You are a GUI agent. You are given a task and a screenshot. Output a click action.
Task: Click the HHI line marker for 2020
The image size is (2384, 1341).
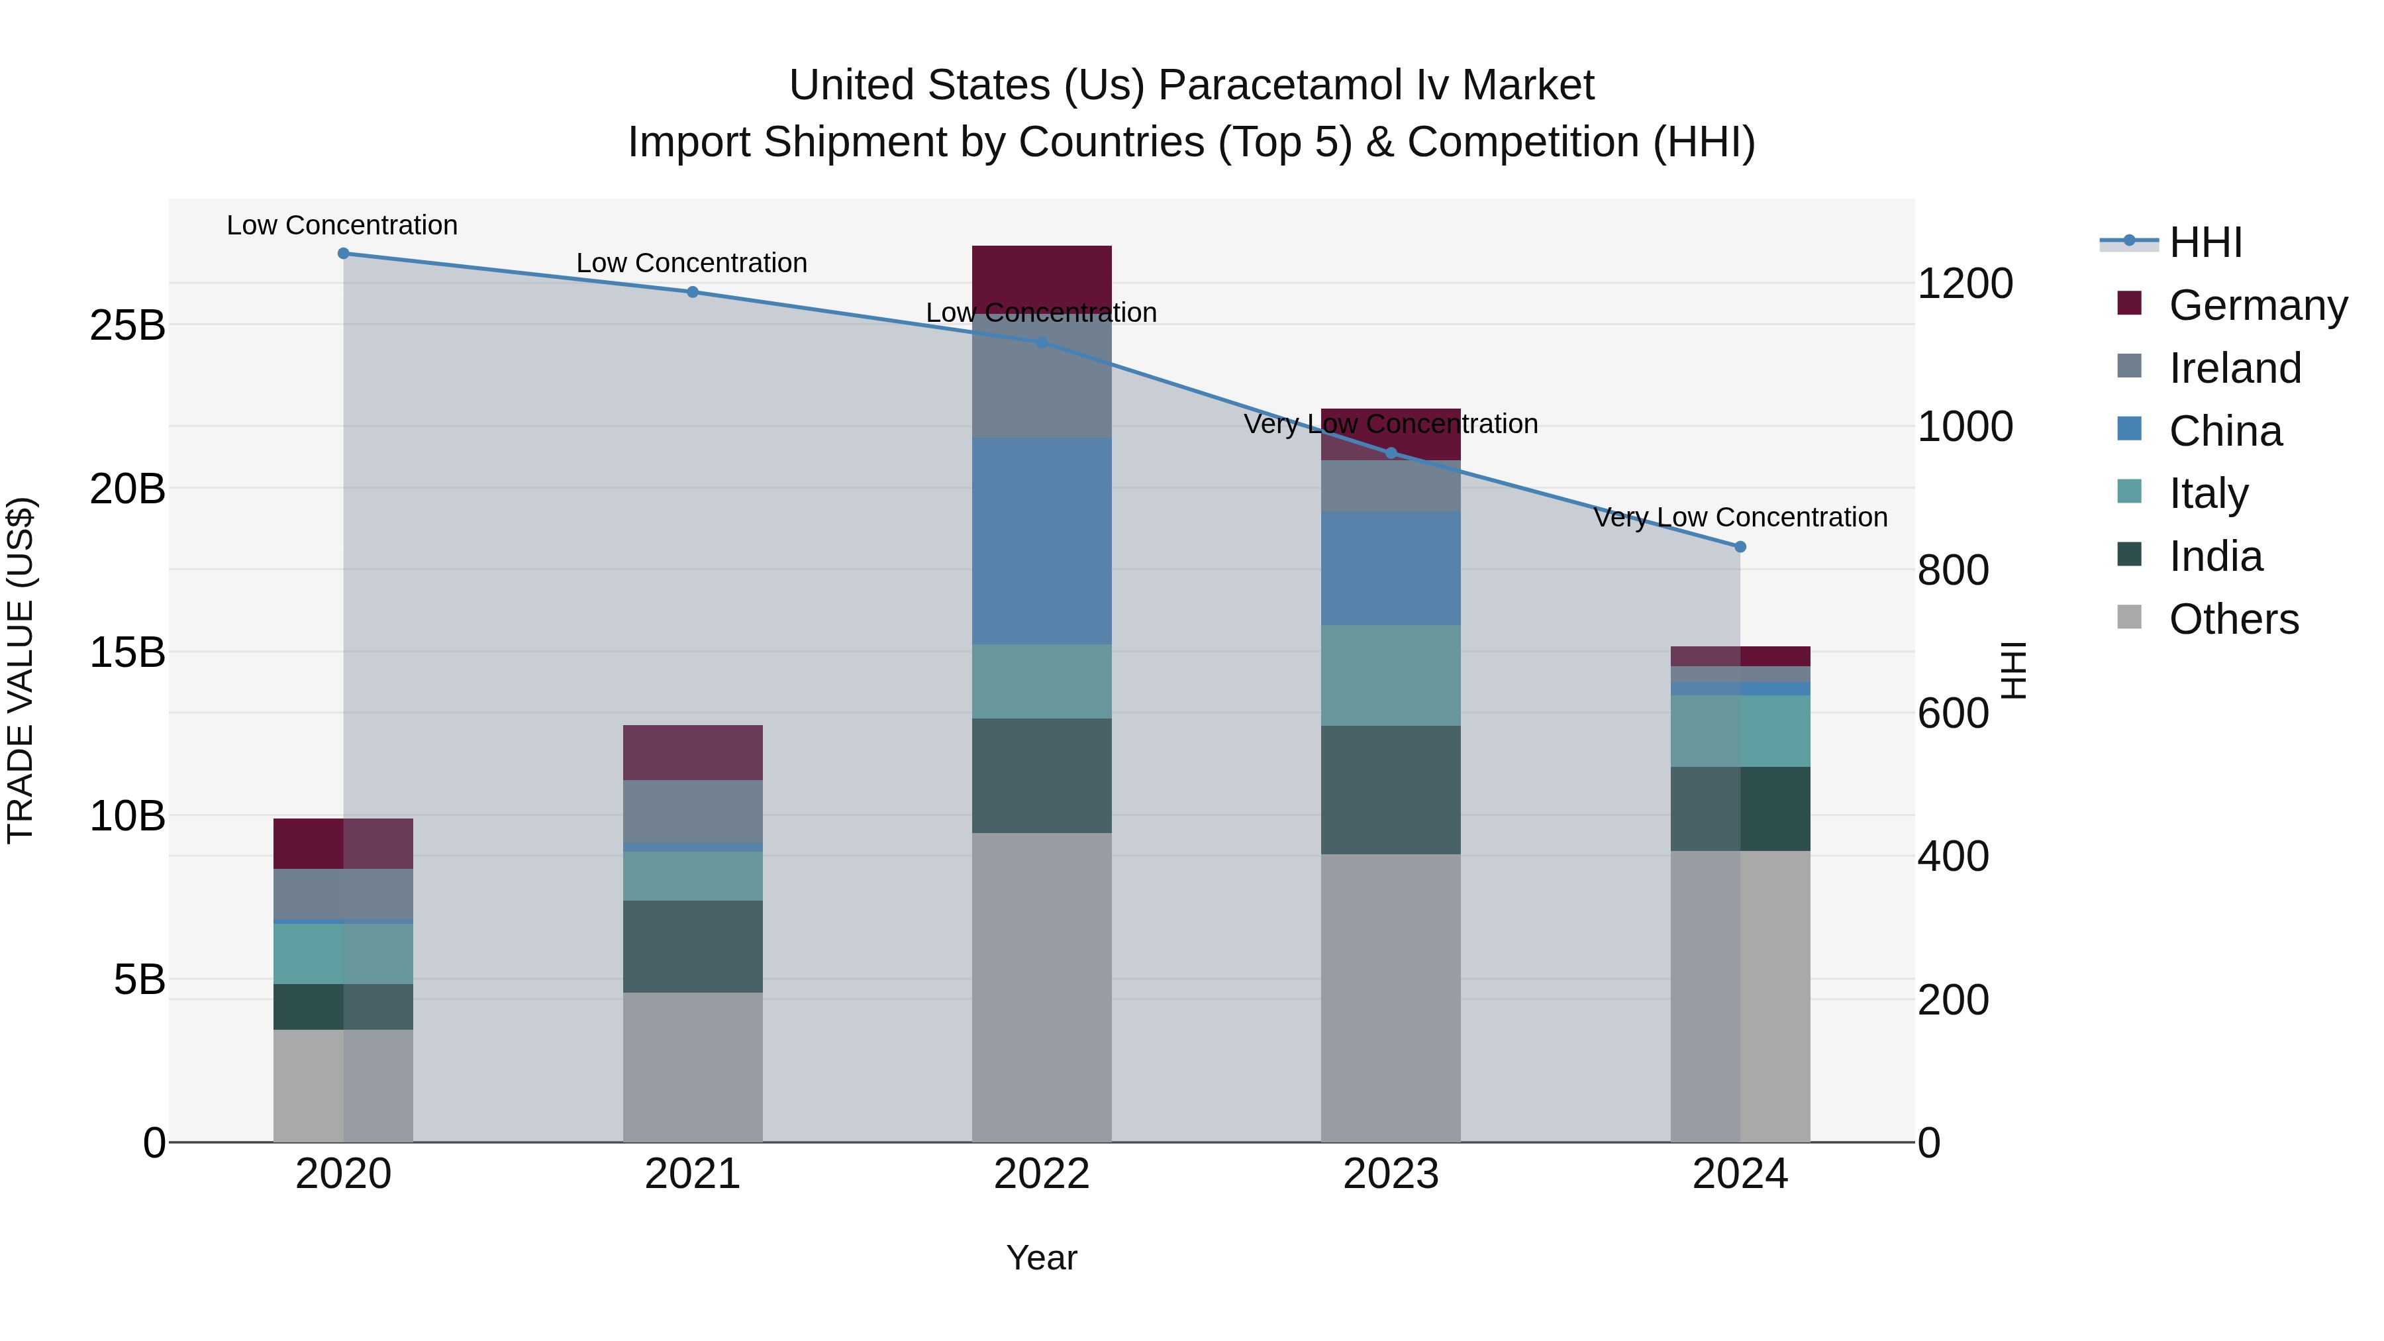(343, 254)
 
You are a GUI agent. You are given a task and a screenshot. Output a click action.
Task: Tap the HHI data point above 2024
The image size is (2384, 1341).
(1740, 547)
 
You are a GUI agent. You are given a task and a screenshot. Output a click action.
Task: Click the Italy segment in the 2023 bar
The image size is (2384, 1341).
(1390, 675)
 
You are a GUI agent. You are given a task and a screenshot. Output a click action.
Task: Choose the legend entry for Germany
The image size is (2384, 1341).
(2258, 305)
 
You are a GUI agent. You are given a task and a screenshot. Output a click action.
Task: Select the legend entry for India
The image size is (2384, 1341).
(2216, 556)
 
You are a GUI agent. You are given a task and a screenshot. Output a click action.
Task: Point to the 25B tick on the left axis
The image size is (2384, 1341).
(126, 326)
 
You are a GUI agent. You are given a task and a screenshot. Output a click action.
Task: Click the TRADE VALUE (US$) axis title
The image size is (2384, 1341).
(21, 670)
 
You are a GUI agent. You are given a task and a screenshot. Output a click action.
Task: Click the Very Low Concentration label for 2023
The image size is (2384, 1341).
(1390, 424)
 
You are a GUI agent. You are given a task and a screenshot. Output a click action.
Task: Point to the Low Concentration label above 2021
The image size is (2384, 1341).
(691, 263)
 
